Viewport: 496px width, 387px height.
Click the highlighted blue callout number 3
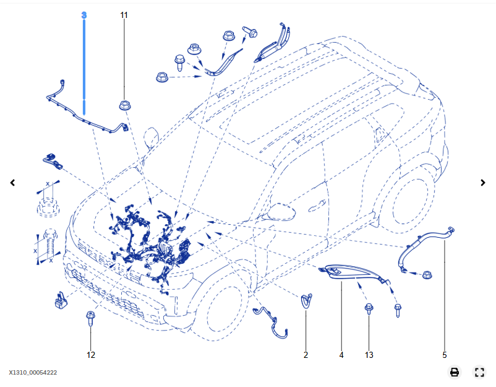point(84,14)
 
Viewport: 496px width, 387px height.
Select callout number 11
point(124,14)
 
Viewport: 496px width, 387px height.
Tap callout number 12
point(91,355)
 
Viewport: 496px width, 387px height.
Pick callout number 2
point(306,355)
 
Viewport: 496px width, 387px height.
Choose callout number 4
point(341,355)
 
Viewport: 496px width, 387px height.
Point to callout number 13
point(369,355)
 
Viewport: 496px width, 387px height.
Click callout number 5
point(444,355)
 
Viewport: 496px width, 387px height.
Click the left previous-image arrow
point(12,183)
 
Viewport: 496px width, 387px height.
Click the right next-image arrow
point(483,183)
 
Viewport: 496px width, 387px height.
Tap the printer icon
point(455,372)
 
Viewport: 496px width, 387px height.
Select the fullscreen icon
point(479,372)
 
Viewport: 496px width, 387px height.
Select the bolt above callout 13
point(369,309)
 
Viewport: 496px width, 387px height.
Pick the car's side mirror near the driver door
point(281,213)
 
